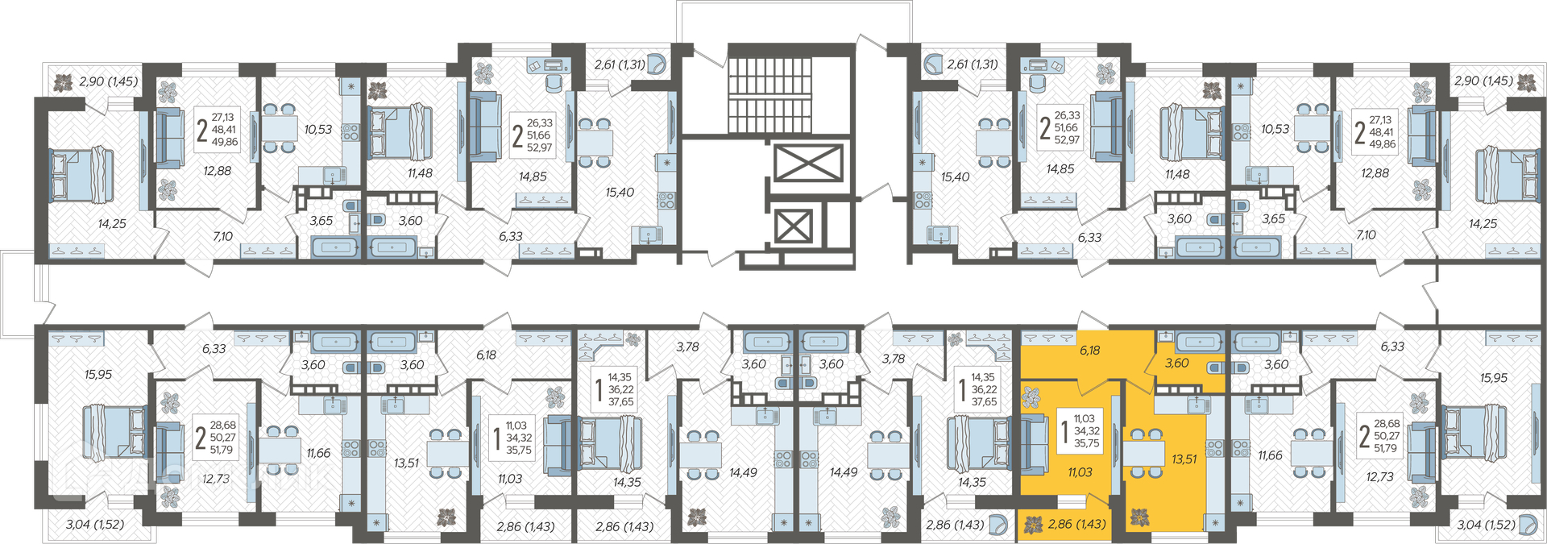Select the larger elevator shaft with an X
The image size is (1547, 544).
808,164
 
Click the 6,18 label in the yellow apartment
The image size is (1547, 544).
1089,351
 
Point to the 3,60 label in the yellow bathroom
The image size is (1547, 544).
1176,363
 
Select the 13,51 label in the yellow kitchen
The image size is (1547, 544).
1184,459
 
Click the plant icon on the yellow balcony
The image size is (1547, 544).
1033,526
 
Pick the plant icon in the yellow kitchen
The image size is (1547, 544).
1138,517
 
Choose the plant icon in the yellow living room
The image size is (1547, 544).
1031,397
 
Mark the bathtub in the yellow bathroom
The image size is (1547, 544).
1199,342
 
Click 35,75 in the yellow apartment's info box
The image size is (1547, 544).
1086,443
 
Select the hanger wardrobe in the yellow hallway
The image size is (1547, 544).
1047,337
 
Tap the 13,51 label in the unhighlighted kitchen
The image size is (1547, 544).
406,463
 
